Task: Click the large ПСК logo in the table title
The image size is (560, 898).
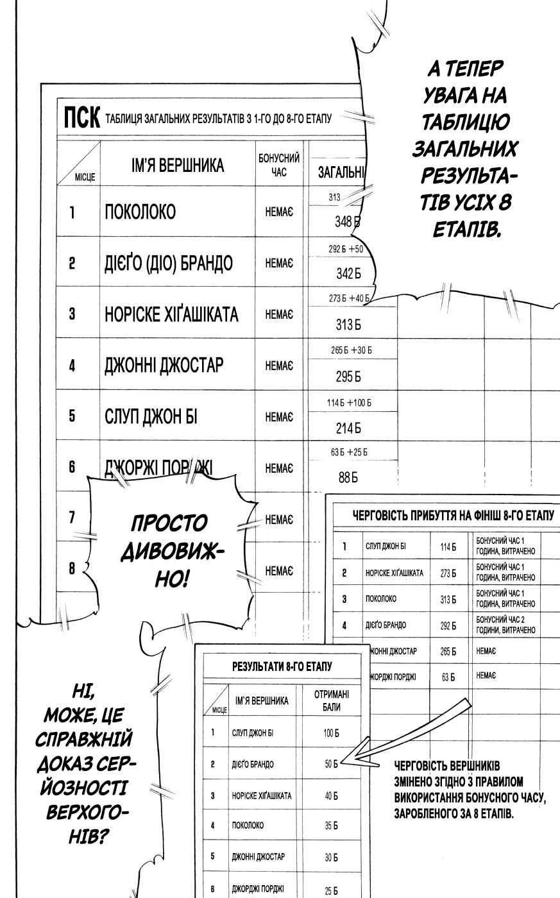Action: (x=81, y=118)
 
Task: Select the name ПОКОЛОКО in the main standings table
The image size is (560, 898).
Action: (x=140, y=212)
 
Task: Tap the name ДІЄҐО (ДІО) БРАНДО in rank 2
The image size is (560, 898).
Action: (x=169, y=264)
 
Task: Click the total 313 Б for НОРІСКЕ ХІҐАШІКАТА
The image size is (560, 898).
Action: (x=348, y=325)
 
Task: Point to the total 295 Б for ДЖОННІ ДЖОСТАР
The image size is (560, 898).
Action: (x=348, y=377)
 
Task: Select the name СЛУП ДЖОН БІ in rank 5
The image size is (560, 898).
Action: (x=151, y=416)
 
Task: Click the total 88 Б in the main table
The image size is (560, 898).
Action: (x=348, y=477)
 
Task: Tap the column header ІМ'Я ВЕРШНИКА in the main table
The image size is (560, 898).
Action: (x=178, y=165)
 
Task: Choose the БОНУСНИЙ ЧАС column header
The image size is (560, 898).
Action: (x=279, y=165)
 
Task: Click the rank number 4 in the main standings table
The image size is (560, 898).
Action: (x=72, y=366)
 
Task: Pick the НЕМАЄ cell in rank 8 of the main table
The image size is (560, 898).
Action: (x=279, y=570)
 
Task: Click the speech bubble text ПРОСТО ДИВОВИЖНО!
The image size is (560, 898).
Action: (x=171, y=550)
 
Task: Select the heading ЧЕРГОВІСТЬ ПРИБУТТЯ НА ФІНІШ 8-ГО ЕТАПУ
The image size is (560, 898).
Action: (x=454, y=515)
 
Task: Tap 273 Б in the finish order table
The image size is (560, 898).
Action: (x=448, y=573)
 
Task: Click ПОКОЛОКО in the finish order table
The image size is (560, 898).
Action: (x=381, y=599)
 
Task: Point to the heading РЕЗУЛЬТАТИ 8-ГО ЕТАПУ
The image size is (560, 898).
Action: (x=282, y=666)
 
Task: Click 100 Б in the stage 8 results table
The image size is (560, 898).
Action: (x=331, y=733)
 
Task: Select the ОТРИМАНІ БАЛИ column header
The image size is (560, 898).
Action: (x=332, y=700)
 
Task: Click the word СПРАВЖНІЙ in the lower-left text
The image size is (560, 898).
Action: (x=84, y=739)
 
